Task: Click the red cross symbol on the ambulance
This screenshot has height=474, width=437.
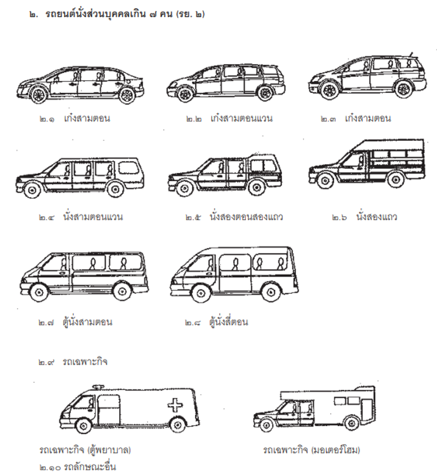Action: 175,405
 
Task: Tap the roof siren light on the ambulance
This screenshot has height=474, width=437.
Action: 98,387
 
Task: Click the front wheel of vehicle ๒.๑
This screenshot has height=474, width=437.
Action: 39,94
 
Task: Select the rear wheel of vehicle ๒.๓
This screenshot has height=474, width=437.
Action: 404,89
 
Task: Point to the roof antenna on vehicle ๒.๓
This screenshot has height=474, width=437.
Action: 411,54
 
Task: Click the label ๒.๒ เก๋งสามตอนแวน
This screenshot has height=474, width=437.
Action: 229,118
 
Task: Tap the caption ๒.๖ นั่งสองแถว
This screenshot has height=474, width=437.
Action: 364,217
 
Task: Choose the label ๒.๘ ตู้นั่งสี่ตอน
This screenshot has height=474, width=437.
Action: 217,322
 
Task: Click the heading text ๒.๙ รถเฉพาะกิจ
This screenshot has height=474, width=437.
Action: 73,361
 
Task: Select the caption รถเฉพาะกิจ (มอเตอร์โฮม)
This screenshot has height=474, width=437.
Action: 311,450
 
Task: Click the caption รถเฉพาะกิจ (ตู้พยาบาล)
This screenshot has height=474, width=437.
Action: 85,450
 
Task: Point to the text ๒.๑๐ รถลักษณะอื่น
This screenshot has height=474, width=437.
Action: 77,467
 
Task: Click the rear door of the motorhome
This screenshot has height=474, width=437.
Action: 367,409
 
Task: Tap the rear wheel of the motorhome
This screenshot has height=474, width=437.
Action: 351,423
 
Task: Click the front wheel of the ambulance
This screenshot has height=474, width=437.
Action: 83,425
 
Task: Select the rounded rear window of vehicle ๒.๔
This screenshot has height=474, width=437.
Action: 128,168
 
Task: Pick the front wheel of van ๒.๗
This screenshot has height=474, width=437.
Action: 39,292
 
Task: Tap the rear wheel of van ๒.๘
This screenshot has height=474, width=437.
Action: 271,292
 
